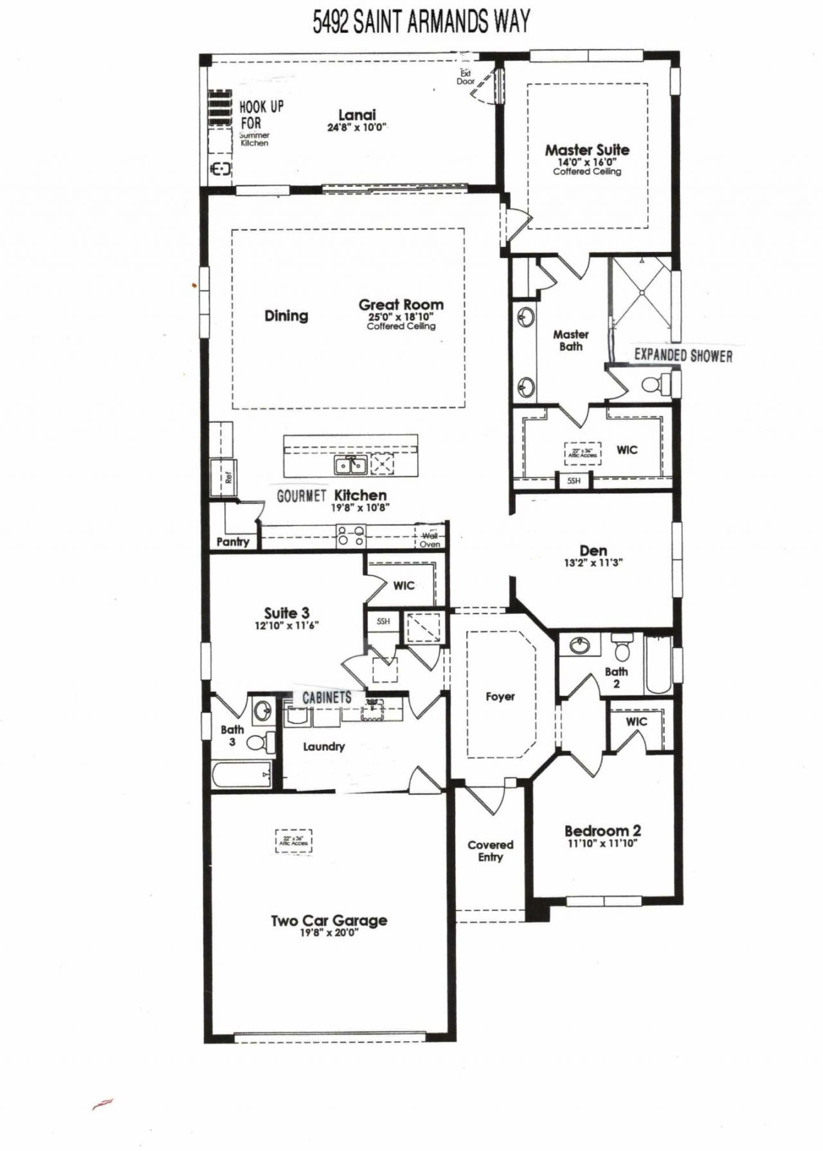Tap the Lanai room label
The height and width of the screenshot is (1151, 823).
pos(357,115)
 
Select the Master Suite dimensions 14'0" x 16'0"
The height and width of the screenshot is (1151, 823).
pos(586,162)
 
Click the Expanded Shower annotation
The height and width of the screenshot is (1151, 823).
pos(683,356)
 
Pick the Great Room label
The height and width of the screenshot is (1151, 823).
pos(401,305)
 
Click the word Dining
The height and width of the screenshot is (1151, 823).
pos(286,316)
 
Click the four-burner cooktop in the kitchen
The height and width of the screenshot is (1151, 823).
pos(351,536)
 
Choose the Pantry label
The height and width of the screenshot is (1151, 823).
pos(233,542)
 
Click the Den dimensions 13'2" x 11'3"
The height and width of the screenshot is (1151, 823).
pos(593,563)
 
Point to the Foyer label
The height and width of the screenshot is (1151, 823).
pos(500,696)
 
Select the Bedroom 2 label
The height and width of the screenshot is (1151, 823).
pos(602,831)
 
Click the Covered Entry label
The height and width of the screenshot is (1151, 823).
pos(490,851)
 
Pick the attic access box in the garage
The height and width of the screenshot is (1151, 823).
pos(294,840)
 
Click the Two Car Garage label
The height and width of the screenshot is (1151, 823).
pos(329,921)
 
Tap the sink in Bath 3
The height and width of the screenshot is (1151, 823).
pos(262,711)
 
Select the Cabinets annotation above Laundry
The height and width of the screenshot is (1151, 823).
pos(327,698)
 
